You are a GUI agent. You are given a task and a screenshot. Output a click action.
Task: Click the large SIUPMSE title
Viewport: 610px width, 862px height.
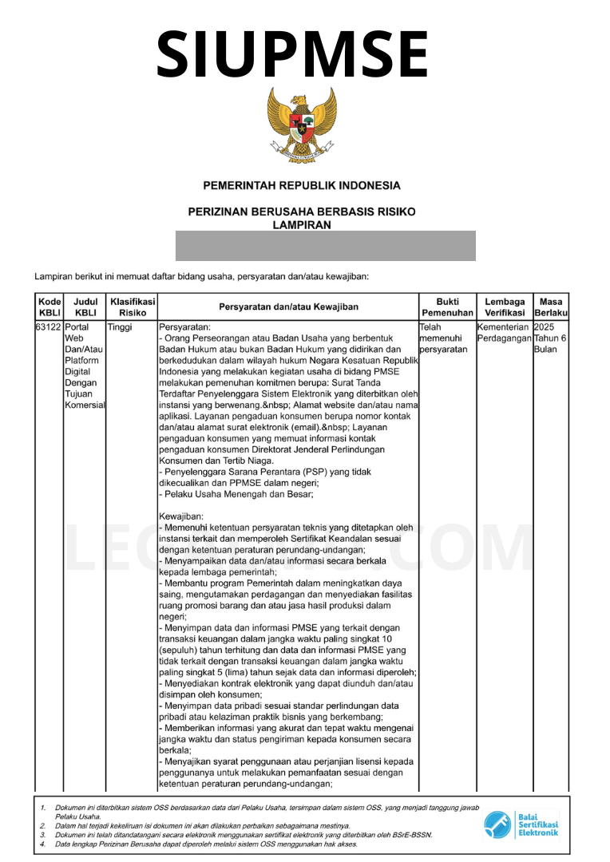point(292,53)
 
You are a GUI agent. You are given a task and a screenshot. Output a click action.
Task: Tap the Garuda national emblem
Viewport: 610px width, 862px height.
point(302,126)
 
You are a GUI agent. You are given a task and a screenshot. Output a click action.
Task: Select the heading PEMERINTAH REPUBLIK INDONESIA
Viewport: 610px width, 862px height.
point(302,186)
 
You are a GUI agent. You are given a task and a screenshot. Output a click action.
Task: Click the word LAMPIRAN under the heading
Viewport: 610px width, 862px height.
point(302,225)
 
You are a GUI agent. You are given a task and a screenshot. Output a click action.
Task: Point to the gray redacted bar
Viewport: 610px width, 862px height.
point(325,246)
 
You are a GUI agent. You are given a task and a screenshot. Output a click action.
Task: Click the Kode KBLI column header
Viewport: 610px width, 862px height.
point(50,307)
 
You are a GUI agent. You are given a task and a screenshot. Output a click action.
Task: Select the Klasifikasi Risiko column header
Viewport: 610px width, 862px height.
point(133,307)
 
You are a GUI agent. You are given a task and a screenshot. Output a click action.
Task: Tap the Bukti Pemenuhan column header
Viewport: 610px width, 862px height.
point(447,307)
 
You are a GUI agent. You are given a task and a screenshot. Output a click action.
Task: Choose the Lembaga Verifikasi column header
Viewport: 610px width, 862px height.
point(505,307)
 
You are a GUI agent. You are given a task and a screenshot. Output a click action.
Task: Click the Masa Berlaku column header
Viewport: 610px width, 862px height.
point(551,307)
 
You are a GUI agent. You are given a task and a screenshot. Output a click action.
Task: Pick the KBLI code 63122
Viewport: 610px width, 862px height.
point(50,327)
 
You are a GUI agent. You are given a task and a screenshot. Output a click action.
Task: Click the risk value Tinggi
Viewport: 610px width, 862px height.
point(120,327)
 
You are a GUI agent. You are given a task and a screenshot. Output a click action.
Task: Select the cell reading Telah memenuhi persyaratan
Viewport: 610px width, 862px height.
point(444,338)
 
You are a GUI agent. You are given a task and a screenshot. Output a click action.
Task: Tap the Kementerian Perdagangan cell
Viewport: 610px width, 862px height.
point(504,333)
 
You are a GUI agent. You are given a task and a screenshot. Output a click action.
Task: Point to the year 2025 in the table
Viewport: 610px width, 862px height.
point(544,327)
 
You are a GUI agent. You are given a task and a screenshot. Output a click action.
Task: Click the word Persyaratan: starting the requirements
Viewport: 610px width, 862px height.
point(184,327)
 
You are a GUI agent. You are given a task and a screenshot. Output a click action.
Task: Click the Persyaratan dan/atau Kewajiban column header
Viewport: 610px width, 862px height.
point(288,307)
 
